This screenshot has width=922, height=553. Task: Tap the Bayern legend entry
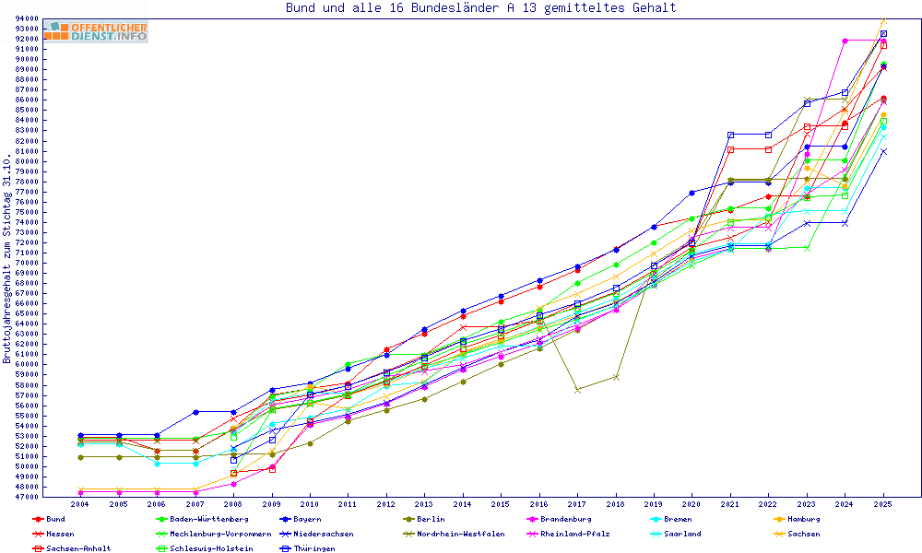[x=307, y=519]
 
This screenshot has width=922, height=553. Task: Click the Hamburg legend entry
[x=799, y=519]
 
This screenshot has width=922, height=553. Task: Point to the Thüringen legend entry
[x=315, y=548]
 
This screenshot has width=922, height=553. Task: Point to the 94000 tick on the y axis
[x=27, y=18]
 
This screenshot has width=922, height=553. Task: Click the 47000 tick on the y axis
[x=27, y=497]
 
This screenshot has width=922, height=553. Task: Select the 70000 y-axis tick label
[x=27, y=263]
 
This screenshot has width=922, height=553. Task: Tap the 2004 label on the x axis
[x=80, y=505]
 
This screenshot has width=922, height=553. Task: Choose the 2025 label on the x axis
[x=883, y=505]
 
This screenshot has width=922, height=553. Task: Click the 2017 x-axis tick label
[x=577, y=505]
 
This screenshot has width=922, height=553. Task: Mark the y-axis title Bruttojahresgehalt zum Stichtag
[x=7, y=258]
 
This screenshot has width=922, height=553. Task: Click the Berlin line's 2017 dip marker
[x=577, y=390]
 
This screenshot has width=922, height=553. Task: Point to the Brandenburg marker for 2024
[x=845, y=41]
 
